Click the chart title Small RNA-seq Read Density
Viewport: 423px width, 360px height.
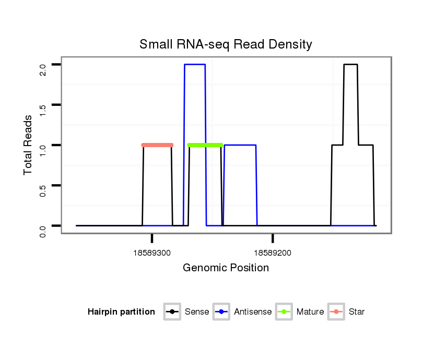click(226, 44)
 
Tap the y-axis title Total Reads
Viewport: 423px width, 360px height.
click(29, 145)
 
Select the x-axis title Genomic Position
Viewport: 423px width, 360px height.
click(226, 268)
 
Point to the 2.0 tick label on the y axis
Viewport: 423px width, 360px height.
click(43, 65)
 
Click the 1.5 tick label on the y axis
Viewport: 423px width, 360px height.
click(43, 105)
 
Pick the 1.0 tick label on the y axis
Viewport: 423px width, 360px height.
click(43, 145)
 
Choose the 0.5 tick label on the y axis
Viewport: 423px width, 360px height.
click(43, 185)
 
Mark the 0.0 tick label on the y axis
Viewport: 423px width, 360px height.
click(43, 226)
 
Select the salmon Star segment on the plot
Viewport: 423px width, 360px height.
click(157, 145)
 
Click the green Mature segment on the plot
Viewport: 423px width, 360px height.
click(205, 145)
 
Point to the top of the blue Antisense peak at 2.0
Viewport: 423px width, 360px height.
click(195, 65)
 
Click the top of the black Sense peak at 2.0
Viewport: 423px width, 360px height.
click(350, 65)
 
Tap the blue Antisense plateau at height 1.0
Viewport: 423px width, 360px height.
click(240, 145)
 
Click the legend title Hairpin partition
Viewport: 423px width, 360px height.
click(121, 312)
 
